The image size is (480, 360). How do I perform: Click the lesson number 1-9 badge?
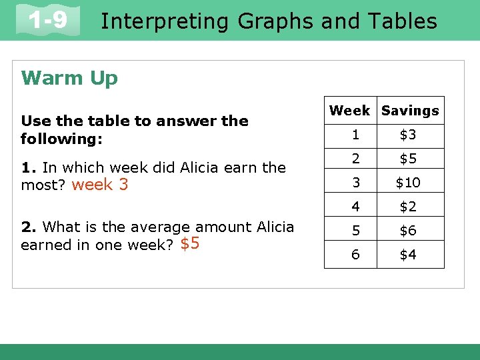point(49,21)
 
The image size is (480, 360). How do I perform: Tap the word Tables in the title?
point(399,21)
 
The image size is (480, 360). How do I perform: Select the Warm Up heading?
point(69,78)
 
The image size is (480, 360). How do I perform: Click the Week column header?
point(350,111)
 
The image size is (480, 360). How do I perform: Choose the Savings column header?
point(410,111)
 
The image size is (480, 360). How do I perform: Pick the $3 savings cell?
point(408,135)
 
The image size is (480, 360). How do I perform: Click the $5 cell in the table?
point(408,159)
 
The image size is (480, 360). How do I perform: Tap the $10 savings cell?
point(408,183)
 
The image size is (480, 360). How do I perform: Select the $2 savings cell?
point(408,207)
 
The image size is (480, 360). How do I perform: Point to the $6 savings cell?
point(408,230)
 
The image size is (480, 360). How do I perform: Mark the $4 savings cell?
point(408,254)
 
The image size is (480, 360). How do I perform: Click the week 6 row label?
point(355,254)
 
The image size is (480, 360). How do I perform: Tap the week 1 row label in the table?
point(355,135)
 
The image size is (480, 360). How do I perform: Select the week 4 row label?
point(355,207)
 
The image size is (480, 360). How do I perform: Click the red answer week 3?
point(99,185)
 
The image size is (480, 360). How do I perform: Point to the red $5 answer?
point(189,244)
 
